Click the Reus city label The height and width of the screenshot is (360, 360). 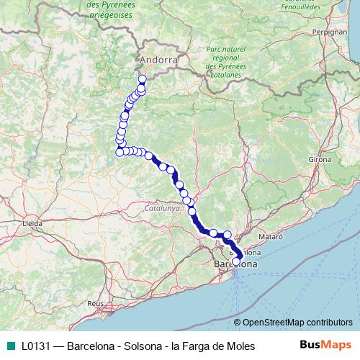(95, 304)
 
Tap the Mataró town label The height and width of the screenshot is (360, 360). (270, 235)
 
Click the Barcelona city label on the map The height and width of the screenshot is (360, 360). (235, 265)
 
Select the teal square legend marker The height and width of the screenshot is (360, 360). (10, 346)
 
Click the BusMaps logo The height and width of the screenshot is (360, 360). (325, 346)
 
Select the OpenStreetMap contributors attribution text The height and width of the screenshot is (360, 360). (297, 323)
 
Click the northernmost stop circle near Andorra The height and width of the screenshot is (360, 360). (142, 79)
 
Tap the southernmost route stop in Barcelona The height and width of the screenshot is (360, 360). (236, 261)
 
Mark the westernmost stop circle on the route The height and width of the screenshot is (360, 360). (119, 152)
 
